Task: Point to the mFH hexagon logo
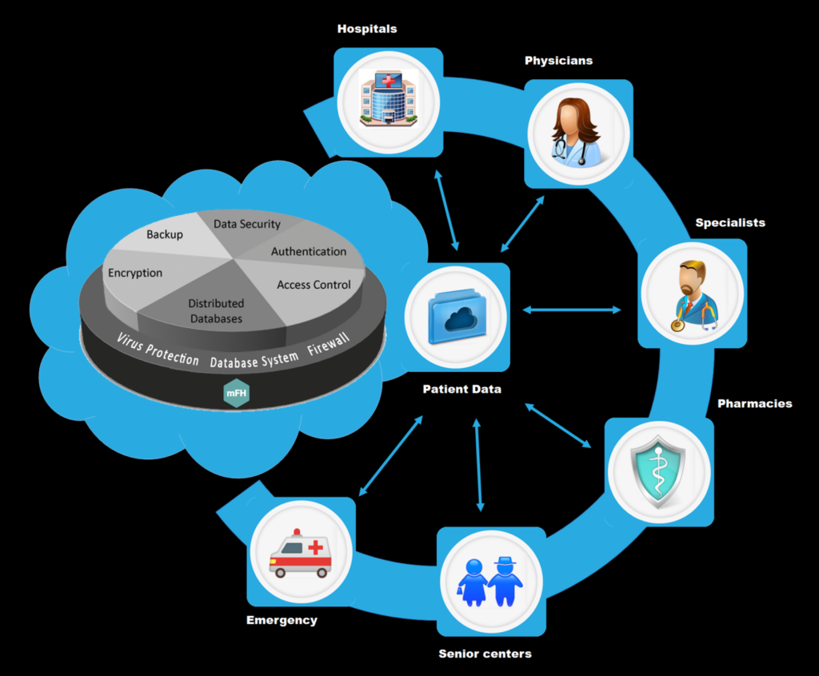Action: click(x=235, y=394)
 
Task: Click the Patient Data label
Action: click(x=462, y=390)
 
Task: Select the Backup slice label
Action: click(x=165, y=234)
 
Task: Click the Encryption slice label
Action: click(x=135, y=273)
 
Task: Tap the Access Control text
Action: click(x=314, y=285)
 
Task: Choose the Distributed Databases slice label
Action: click(x=216, y=311)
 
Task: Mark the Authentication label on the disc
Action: click(x=309, y=251)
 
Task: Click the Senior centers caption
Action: click(x=485, y=654)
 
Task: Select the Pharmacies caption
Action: click(x=754, y=403)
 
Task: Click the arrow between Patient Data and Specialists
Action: click(x=572, y=310)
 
